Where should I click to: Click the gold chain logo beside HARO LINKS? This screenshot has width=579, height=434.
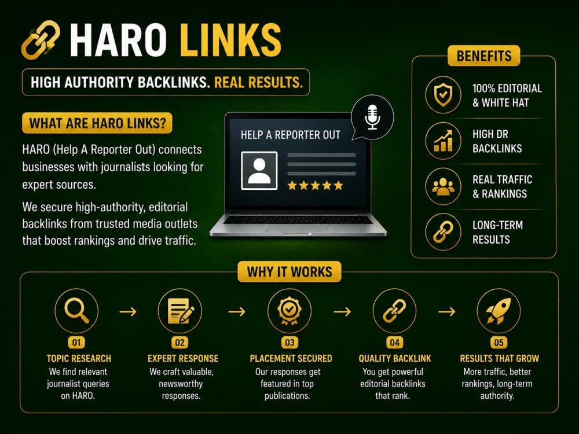[x=41, y=40]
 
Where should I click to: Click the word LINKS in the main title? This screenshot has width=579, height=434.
[x=232, y=40]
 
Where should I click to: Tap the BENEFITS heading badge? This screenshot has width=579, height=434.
[x=483, y=56]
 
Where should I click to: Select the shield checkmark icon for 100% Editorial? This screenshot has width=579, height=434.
[x=443, y=94]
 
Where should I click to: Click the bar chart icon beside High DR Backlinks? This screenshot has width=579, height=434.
[x=443, y=141]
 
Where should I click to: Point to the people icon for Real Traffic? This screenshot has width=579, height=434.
[x=443, y=186]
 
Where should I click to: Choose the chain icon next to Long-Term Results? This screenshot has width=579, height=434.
[x=443, y=232]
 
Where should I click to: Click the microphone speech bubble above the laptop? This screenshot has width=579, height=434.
[x=372, y=117]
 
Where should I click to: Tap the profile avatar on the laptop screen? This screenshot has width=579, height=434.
[x=259, y=171]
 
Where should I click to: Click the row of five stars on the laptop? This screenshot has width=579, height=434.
[x=316, y=185]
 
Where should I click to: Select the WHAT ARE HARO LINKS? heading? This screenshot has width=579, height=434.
[x=97, y=123]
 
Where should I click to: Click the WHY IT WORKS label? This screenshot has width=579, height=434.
[x=289, y=271]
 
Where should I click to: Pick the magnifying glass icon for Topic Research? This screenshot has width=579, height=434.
[x=76, y=310]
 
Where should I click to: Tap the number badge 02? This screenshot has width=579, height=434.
[x=180, y=343]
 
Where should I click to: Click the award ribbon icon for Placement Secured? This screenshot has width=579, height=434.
[x=289, y=311]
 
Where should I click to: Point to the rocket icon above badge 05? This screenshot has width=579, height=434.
[x=499, y=311]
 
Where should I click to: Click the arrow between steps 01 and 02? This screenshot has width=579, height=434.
[x=128, y=312]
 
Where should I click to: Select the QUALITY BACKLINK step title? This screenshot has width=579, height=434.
[x=395, y=358]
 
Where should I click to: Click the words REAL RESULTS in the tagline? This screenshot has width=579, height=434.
[x=258, y=82]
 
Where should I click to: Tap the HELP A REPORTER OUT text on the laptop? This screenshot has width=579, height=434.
[x=290, y=135]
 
